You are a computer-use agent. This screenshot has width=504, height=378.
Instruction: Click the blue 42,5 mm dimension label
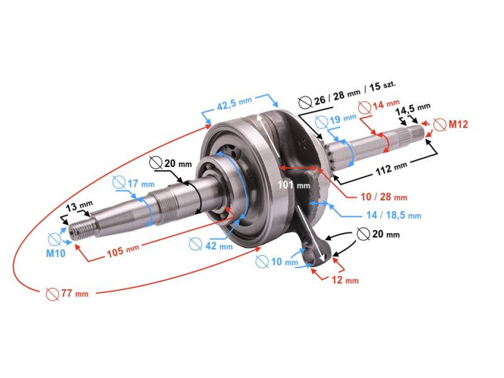234,104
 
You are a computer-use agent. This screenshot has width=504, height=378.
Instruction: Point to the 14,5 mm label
413,111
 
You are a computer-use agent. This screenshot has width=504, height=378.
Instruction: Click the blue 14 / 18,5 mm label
393,215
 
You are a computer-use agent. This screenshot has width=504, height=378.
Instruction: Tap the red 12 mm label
344,280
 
